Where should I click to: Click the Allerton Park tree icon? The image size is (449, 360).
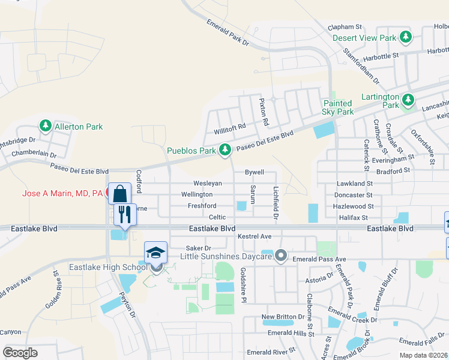coord(45,126)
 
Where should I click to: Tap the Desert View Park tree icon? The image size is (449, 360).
coord(406,37)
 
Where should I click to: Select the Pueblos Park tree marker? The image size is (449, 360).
coord(225,149)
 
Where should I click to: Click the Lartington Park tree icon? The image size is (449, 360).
coord(409,98)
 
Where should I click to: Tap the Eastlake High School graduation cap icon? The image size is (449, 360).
coord(155,253)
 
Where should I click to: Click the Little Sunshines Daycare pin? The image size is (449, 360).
coord(280,257)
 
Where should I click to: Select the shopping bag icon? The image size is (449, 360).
coord(119,194)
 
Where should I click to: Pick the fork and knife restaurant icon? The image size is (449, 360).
coord(125,214)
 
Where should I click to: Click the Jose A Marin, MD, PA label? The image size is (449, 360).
coord(62,194)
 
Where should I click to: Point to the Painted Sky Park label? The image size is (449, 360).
coord(338,107)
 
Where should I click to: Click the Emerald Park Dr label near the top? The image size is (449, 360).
coord(227,32)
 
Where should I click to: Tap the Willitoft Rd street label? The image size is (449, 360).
coord(230,127)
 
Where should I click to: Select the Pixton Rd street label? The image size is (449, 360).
coord(264,112)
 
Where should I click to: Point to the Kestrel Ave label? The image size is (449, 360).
coord(255,236)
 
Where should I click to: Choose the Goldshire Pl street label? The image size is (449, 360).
coord(244,285)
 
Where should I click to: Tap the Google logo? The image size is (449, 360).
coord(20,353)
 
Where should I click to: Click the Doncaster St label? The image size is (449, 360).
coord(354,195)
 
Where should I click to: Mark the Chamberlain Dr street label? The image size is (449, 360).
coord(38,153)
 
